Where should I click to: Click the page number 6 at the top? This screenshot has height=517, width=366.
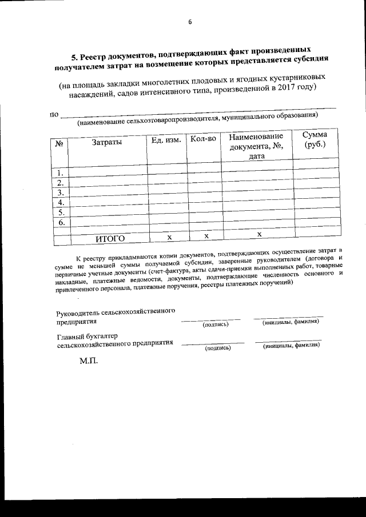190,22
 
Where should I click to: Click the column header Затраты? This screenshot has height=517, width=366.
106,142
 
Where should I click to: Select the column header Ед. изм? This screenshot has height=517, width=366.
166,140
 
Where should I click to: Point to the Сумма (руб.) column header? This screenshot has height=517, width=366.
315,139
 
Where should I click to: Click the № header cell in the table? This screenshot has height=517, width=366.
59,144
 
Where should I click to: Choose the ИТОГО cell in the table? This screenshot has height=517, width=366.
110,238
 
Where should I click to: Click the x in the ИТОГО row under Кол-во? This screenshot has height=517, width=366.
206,235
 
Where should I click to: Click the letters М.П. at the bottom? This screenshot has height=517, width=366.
89,362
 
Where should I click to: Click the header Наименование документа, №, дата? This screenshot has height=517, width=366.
256,146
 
